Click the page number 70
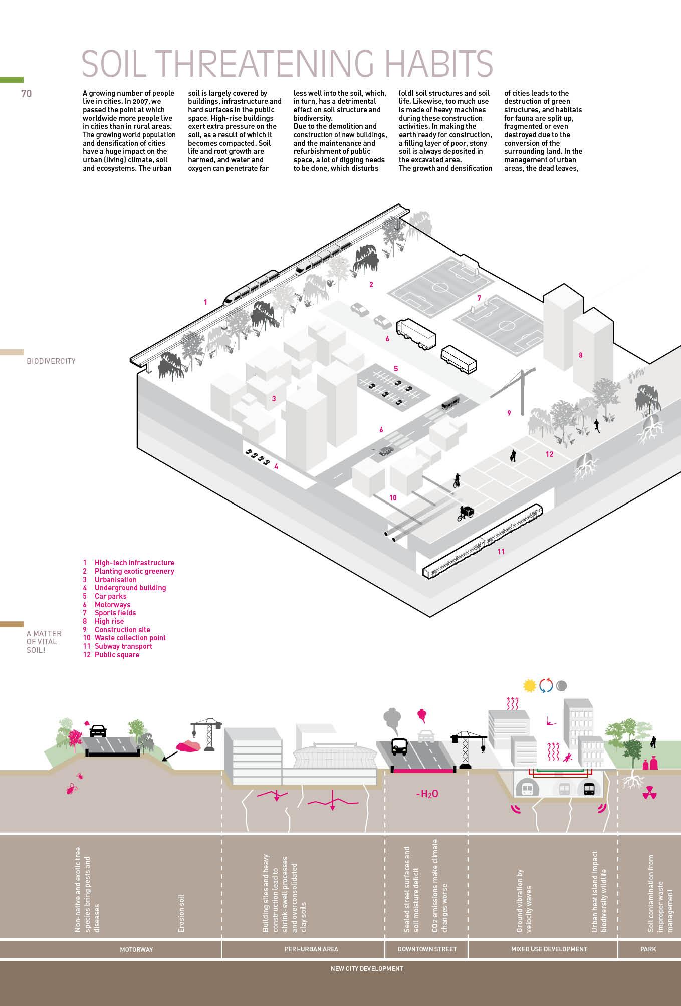coord(26,93)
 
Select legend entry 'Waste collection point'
coord(130,638)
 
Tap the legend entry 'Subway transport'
coord(123,646)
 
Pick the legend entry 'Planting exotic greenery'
coord(134,571)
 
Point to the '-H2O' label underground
coord(427,794)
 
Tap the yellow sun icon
coord(529,685)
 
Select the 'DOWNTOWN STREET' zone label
coord(427,949)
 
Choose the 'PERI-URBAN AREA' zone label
coord(311,949)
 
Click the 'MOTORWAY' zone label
coord(136,949)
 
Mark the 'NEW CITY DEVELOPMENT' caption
coord(367,968)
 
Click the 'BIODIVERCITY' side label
coord(51,361)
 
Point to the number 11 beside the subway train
coord(501,551)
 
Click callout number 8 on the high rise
coord(581,355)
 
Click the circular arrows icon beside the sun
coord(546,685)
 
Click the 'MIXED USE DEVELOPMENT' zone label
coord(549,949)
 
